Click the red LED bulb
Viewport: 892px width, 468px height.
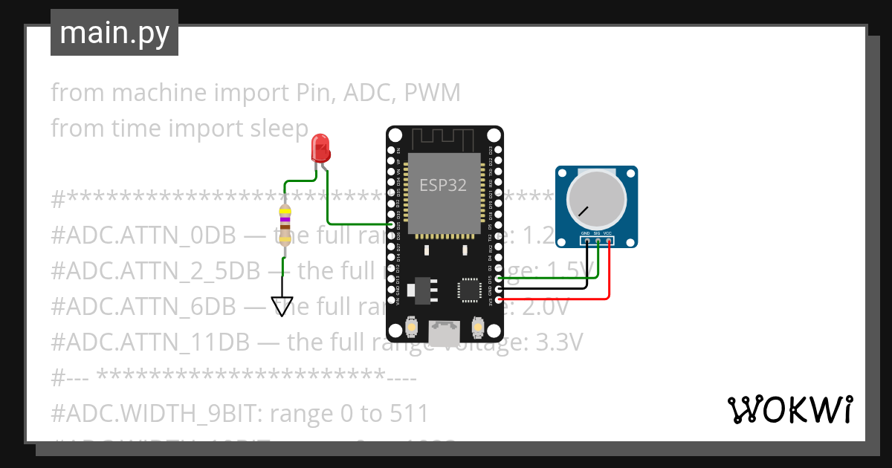[x=320, y=147]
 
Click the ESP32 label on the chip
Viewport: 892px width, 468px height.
[x=443, y=185]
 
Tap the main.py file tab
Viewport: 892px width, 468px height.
[x=114, y=33]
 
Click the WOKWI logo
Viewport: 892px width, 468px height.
[x=789, y=409]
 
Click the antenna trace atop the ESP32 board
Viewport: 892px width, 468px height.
[x=443, y=137]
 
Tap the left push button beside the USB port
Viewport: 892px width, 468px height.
[x=411, y=326]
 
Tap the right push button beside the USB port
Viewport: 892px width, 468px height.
[x=478, y=326]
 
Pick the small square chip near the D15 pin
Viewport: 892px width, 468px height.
[x=470, y=290]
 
